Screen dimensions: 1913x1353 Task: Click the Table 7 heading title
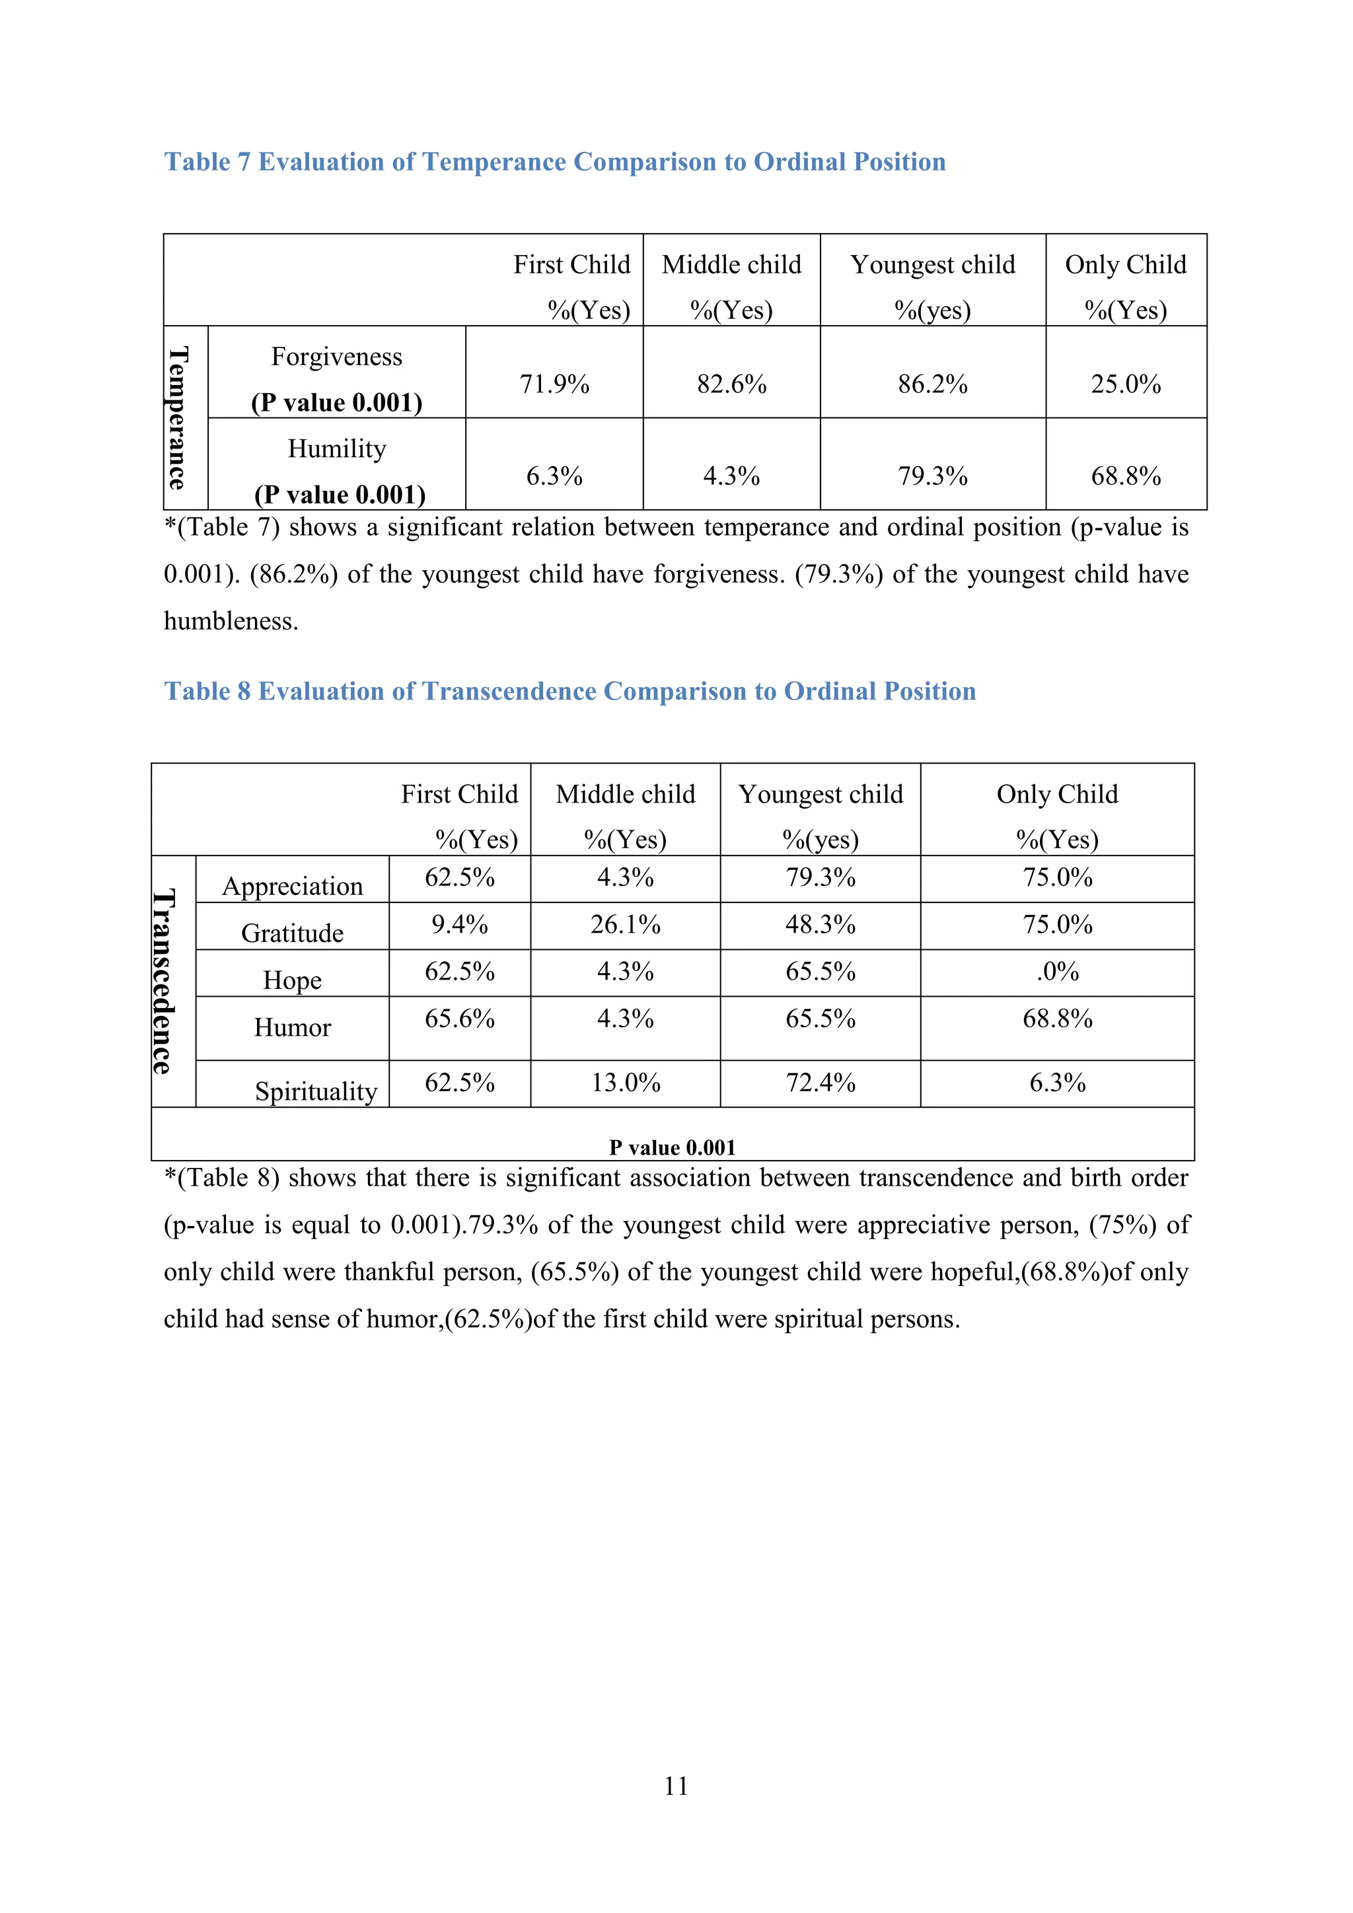(x=554, y=162)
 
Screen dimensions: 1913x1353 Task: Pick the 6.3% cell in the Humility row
(x=554, y=476)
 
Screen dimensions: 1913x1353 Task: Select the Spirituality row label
(x=316, y=1091)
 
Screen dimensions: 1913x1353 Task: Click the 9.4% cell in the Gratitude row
(x=459, y=924)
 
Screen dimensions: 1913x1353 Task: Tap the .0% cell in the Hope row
(x=1057, y=972)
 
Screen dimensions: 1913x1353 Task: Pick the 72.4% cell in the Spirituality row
(x=820, y=1082)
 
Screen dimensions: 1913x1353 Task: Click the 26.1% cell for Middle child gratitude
(x=625, y=924)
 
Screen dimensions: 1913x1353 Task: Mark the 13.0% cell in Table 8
(x=625, y=1082)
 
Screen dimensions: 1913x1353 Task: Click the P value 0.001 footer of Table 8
(x=673, y=1147)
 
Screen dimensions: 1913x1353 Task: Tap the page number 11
(x=676, y=1786)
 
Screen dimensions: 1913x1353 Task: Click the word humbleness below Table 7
(x=230, y=622)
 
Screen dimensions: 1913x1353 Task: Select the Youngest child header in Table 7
(x=932, y=265)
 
